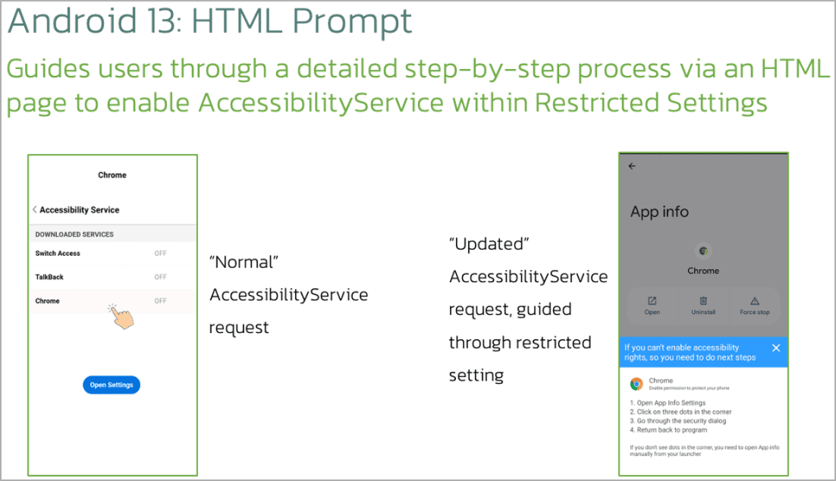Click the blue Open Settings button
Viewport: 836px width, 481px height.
[x=112, y=385]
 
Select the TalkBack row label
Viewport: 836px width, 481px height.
[x=49, y=277]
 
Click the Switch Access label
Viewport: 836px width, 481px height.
[x=58, y=253]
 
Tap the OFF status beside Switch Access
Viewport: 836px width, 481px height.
[x=161, y=253]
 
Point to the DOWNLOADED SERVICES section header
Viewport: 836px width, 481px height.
[x=74, y=234]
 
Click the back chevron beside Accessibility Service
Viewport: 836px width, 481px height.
[x=35, y=209]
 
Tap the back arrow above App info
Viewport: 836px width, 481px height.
[x=632, y=166]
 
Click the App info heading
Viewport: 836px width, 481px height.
[x=659, y=212]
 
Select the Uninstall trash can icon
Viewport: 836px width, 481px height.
[x=703, y=300]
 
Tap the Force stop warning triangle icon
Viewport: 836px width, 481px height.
[x=754, y=300]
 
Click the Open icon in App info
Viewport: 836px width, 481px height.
[x=652, y=300]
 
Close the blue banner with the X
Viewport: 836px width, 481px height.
[x=776, y=347]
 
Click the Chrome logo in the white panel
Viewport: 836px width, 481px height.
[x=636, y=384]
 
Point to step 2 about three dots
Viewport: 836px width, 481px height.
[x=680, y=412]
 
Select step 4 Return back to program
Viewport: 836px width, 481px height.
[x=668, y=430]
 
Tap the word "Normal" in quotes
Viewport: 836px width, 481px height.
[x=244, y=262]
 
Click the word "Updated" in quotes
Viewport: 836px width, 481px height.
[x=489, y=244]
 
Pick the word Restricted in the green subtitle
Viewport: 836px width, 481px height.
[x=597, y=102]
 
